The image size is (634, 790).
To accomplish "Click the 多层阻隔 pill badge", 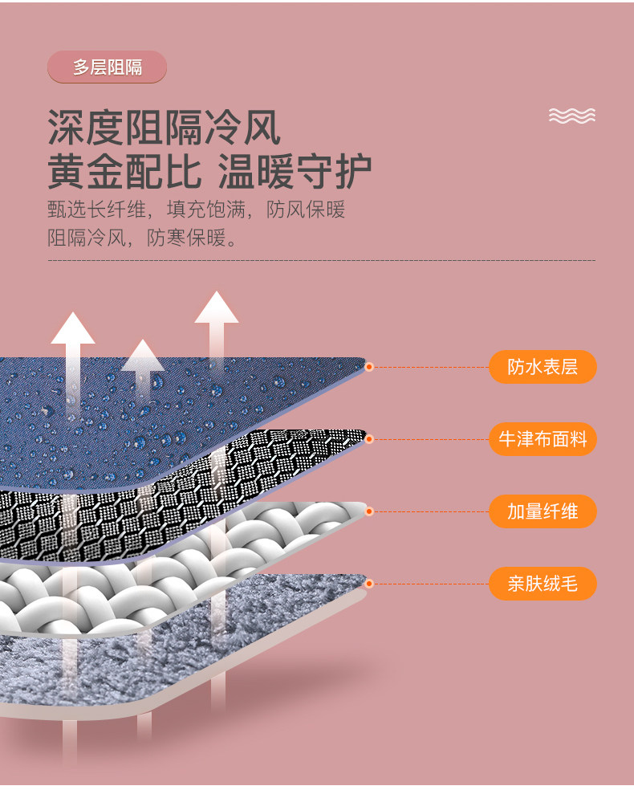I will pyautogui.click(x=107, y=67).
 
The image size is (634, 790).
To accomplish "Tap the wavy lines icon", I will pyautogui.click(x=572, y=116).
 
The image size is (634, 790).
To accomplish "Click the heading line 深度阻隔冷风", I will pyautogui.click(x=164, y=128).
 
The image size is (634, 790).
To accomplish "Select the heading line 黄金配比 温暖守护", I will pyautogui.click(x=209, y=171).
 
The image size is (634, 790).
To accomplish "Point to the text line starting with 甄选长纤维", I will pyautogui.click(x=197, y=210).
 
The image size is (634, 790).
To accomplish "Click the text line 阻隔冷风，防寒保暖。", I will pyautogui.click(x=143, y=238).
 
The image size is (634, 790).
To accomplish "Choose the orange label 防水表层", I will pyautogui.click(x=543, y=367).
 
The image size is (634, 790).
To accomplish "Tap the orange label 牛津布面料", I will pyautogui.click(x=543, y=439).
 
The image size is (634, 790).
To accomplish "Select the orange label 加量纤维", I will pyautogui.click(x=543, y=511).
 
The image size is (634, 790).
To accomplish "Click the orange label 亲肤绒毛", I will pyautogui.click(x=543, y=584).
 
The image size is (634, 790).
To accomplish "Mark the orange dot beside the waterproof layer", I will pyautogui.click(x=369, y=367).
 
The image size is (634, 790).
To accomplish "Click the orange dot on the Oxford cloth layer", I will pyautogui.click(x=369, y=439).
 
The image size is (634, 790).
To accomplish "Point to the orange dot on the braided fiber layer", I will pyautogui.click(x=369, y=511).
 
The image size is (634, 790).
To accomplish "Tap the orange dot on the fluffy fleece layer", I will pyautogui.click(x=369, y=584).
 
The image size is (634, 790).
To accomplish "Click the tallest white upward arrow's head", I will pyautogui.click(x=217, y=307).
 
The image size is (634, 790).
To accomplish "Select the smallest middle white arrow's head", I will pyautogui.click(x=143, y=355).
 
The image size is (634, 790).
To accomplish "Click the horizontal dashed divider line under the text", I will pyautogui.click(x=321, y=260).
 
